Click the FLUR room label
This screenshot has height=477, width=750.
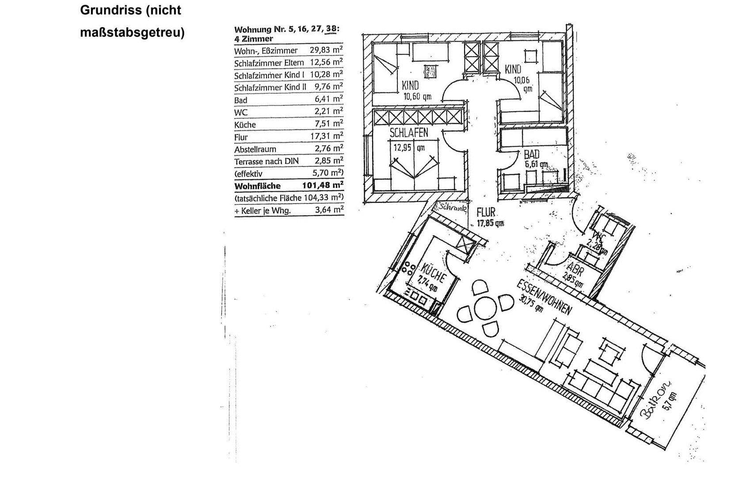pyautogui.click(x=486, y=212)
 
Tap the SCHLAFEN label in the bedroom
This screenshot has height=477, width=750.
pyautogui.click(x=408, y=132)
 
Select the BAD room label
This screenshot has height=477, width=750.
pyautogui.click(x=532, y=155)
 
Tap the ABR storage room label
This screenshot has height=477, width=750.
pyautogui.click(x=574, y=269)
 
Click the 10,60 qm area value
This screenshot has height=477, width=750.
pyautogui.click(x=417, y=97)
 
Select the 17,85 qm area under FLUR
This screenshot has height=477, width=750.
pyautogui.click(x=490, y=223)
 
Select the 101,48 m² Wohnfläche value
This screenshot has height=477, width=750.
pyautogui.click(x=323, y=185)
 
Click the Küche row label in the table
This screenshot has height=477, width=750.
pyautogui.click(x=245, y=125)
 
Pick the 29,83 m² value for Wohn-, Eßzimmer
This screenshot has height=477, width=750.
pyautogui.click(x=326, y=50)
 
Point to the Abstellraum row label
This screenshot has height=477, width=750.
pyautogui.click(x=255, y=149)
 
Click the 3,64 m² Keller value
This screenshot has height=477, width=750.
pyautogui.click(x=329, y=210)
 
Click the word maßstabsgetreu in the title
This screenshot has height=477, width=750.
pyautogui.click(x=132, y=33)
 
